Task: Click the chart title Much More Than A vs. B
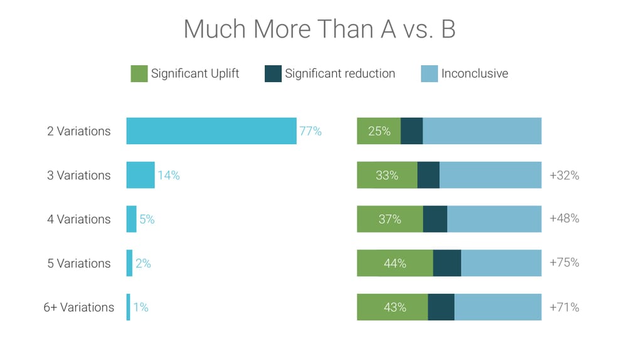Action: pyautogui.click(x=319, y=29)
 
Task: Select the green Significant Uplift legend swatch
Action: pyautogui.click(x=139, y=73)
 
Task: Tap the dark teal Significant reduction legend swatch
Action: pyautogui.click(x=273, y=73)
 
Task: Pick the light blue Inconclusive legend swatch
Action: pyautogui.click(x=429, y=73)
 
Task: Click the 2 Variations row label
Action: pyautogui.click(x=78, y=131)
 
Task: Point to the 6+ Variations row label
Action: pyautogui.click(x=78, y=307)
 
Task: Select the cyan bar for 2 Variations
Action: pyautogui.click(x=211, y=131)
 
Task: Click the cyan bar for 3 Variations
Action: pyautogui.click(x=141, y=175)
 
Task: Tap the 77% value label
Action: pyautogui.click(x=310, y=131)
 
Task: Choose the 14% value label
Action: pyautogui.click(x=169, y=176)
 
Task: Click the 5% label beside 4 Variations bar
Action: pyautogui.click(x=147, y=220)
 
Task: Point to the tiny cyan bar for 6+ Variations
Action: pyautogui.click(x=129, y=307)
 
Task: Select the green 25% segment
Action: pyautogui.click(x=379, y=131)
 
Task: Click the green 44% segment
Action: pyautogui.click(x=395, y=263)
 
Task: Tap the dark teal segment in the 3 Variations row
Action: pyautogui.click(x=428, y=175)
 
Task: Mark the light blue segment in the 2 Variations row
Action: pyautogui.click(x=482, y=131)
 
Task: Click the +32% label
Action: pyautogui.click(x=564, y=176)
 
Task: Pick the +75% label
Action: pyautogui.click(x=564, y=263)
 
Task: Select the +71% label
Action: pyautogui.click(x=564, y=307)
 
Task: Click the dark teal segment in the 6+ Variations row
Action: pyautogui.click(x=441, y=307)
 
